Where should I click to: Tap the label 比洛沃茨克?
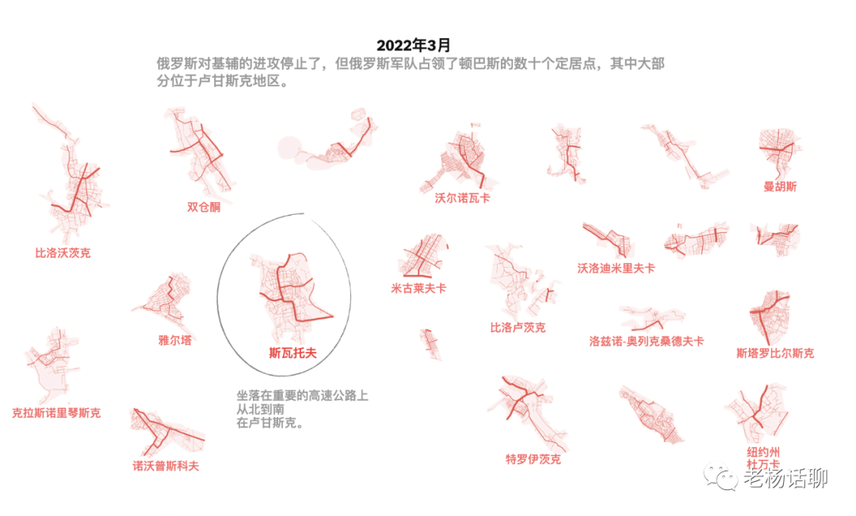point(63,254)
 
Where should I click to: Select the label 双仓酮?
point(204,207)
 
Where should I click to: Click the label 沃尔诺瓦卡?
point(462,198)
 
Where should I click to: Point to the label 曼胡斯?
point(780,187)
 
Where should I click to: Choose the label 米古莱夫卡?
point(418,289)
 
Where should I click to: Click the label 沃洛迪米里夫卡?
point(616,268)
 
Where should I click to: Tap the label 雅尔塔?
point(174,340)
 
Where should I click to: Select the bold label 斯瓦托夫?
point(292,354)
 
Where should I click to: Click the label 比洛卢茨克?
point(518,327)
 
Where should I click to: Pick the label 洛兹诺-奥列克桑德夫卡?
point(646,342)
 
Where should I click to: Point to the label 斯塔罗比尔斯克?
point(774,353)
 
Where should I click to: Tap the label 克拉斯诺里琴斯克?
point(56,413)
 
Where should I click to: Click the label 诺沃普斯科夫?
point(166,466)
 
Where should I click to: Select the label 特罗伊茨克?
point(533,459)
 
